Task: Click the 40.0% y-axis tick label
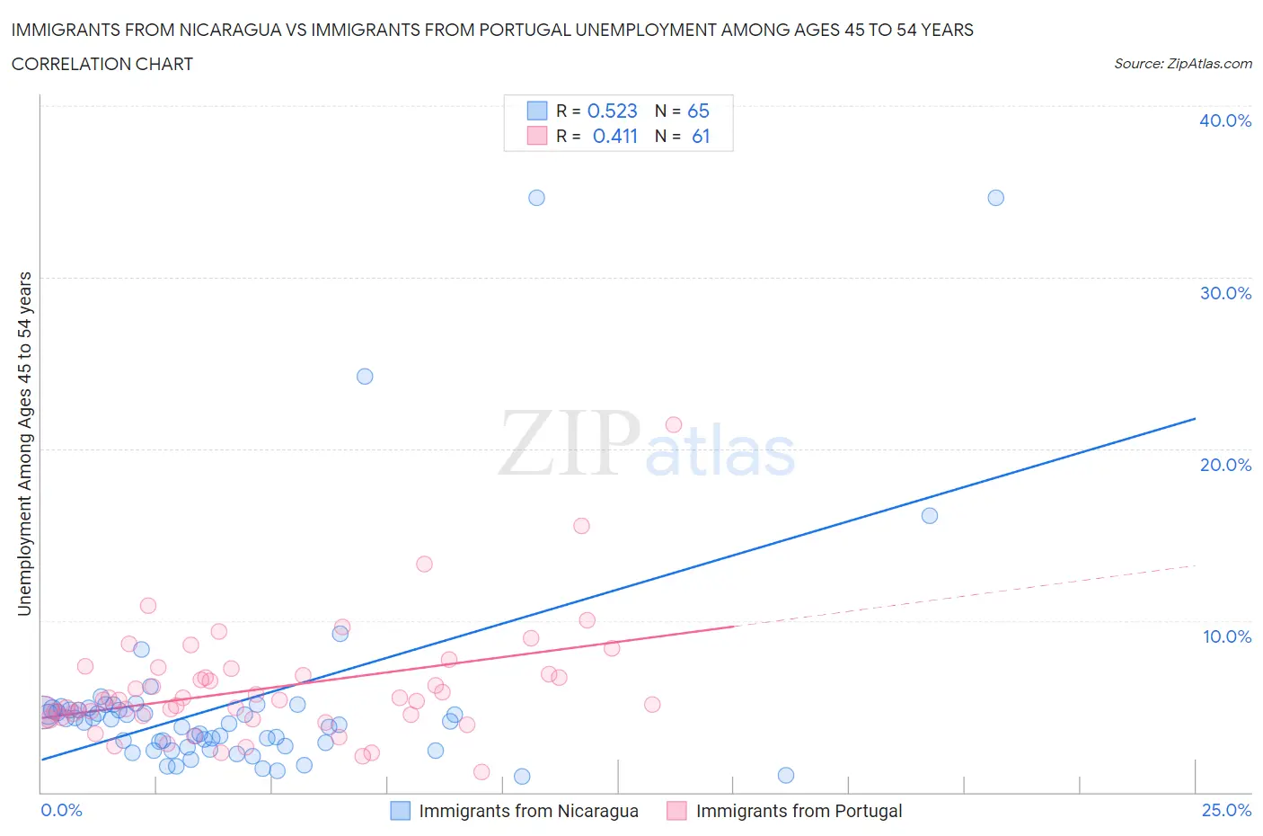(x=1224, y=120)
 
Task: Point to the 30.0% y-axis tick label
(x=1224, y=293)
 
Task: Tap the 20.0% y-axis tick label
(x=1224, y=465)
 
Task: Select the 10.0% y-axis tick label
(x=1226, y=636)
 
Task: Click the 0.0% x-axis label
(x=61, y=810)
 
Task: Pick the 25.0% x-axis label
(x=1226, y=810)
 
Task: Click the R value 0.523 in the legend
(x=612, y=111)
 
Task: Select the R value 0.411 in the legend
(x=614, y=136)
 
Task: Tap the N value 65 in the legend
(x=698, y=111)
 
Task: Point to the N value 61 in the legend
(x=701, y=136)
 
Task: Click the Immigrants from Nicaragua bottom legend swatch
(x=400, y=811)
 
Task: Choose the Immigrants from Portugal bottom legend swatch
(x=676, y=811)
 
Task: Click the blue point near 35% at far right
(x=995, y=198)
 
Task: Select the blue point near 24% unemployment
(x=365, y=377)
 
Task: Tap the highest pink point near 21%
(x=674, y=424)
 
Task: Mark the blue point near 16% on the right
(x=930, y=516)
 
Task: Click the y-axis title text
(x=24, y=443)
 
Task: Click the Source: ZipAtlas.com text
(x=1182, y=64)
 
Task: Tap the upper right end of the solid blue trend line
(x=1195, y=419)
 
